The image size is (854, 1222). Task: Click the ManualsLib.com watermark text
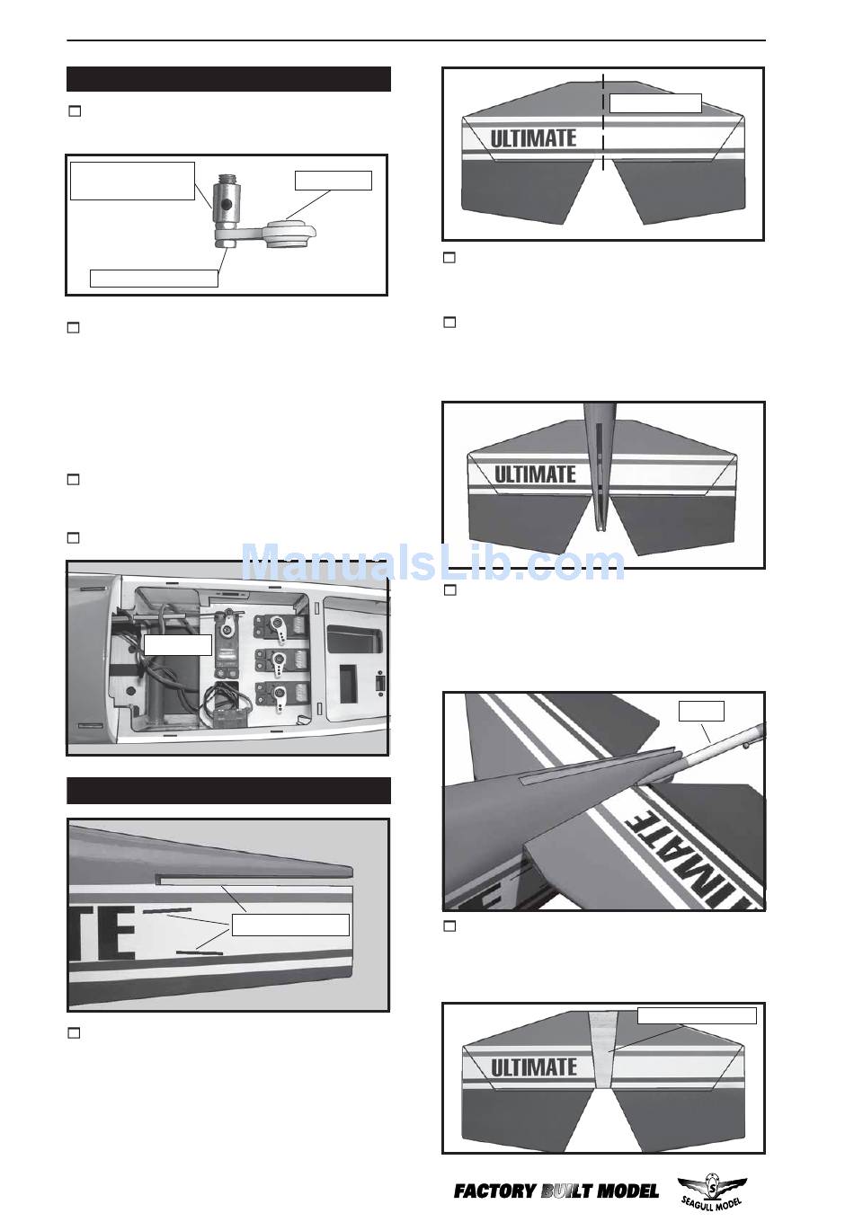pyautogui.click(x=433, y=563)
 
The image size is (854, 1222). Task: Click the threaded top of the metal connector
pyautogui.click(x=226, y=179)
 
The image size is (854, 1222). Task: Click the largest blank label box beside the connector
pyautogui.click(x=133, y=181)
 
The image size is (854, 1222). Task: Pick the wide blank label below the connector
pyautogui.click(x=154, y=279)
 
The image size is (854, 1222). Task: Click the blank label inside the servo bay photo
pyautogui.click(x=178, y=644)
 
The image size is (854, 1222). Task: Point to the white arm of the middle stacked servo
pyautogui.click(x=280, y=662)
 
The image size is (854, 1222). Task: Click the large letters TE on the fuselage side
pyautogui.click(x=103, y=933)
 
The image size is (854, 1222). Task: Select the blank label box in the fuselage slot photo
pyautogui.click(x=290, y=925)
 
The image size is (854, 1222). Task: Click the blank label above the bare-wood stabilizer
pyautogui.click(x=697, y=1015)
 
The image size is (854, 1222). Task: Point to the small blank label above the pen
pyautogui.click(x=701, y=711)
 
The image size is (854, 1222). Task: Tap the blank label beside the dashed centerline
pyautogui.click(x=655, y=103)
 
